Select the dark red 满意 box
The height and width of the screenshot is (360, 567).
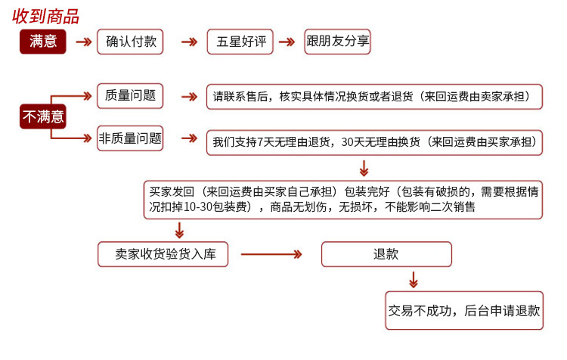tap(43, 42)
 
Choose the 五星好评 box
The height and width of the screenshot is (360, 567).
tap(240, 42)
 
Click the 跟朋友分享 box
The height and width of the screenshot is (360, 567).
tap(337, 42)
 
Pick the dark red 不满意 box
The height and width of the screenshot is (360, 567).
tap(43, 116)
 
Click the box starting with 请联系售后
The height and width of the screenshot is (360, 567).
tap(375, 97)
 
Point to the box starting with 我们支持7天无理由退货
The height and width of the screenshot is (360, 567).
tap(375, 141)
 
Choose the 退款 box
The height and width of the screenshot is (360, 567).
tap(386, 254)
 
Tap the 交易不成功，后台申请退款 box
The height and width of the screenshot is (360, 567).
tap(464, 310)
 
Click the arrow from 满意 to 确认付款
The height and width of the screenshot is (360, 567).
tap(84, 42)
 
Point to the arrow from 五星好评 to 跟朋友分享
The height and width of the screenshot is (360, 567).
tap(287, 42)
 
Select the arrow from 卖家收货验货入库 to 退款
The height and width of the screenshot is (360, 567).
tap(271, 254)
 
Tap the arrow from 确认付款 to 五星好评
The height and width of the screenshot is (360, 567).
tap(188, 42)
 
